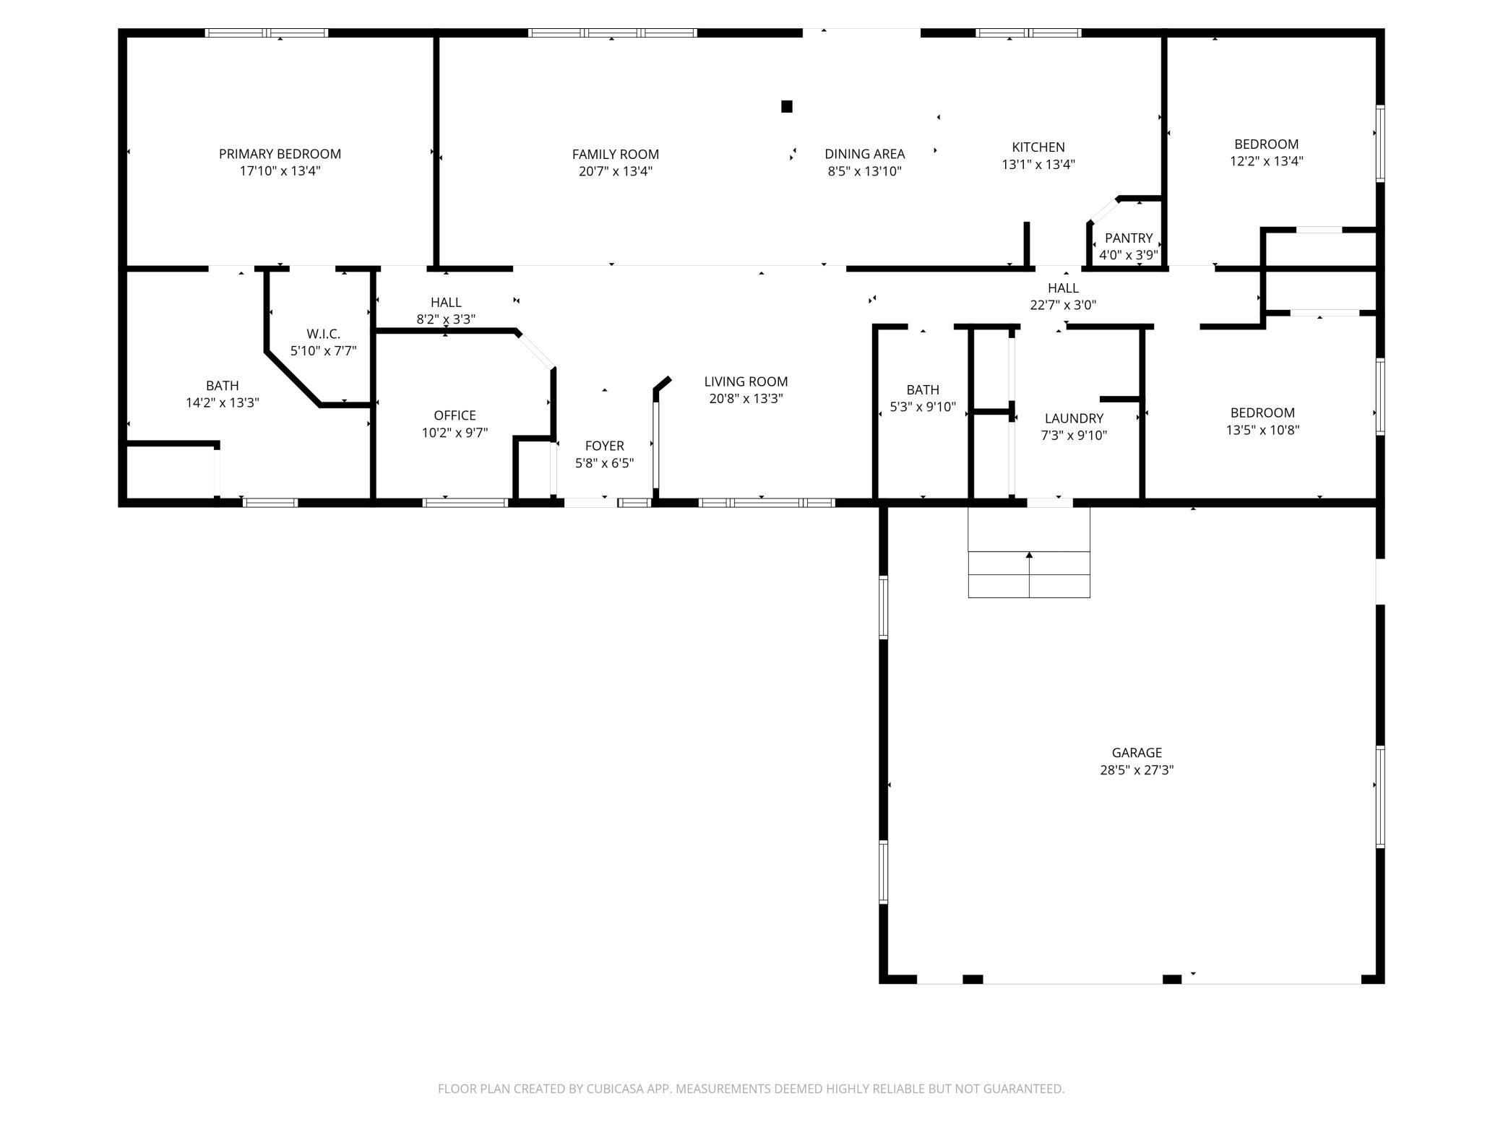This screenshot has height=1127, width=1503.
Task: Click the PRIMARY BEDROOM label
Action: [x=280, y=154]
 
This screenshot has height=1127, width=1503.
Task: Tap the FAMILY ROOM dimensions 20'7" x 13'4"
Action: [x=616, y=171]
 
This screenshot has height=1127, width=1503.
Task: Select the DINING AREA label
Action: [x=865, y=154]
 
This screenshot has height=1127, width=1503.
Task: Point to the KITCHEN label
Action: [x=1038, y=147]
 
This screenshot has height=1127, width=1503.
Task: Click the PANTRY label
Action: [x=1129, y=238]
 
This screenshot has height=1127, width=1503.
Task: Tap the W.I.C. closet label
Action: [x=323, y=334]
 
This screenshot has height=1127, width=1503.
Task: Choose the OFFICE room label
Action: [x=455, y=415]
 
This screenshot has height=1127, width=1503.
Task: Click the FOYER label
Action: [x=604, y=446]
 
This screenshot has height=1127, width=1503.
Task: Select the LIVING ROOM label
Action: [x=746, y=381]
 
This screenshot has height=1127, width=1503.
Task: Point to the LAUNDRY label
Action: [x=1074, y=418]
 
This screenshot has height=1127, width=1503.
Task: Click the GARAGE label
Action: [x=1137, y=753]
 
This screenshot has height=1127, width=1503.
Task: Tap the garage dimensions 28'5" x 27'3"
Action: [x=1137, y=770]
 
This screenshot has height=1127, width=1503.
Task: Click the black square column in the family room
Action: [x=787, y=106]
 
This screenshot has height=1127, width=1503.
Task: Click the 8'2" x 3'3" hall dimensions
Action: [x=446, y=319]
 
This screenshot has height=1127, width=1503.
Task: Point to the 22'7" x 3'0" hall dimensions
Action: [x=1063, y=305]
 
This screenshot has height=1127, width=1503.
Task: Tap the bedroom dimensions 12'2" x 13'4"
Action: [x=1266, y=161]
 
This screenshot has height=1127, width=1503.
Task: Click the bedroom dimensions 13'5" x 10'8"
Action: [x=1262, y=430]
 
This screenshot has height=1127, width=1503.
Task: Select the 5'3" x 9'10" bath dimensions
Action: [x=923, y=407]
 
